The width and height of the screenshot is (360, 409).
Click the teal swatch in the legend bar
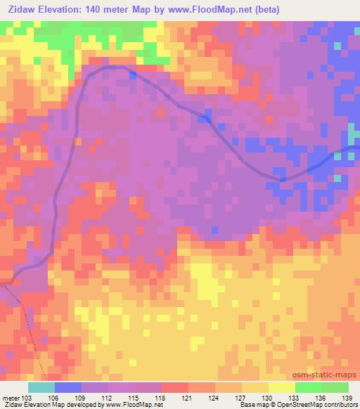(41, 387)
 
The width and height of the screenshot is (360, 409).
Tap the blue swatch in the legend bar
(68, 387)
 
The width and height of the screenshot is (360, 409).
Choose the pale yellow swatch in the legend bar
(282, 387)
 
